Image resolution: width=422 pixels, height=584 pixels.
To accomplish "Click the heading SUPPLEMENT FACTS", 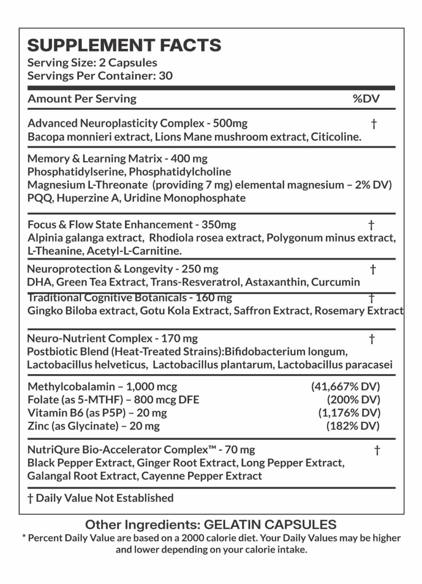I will click(x=124, y=46).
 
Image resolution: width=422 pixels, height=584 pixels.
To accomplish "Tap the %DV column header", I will click(x=366, y=99).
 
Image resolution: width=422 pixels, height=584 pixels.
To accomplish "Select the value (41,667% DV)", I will click(x=345, y=386).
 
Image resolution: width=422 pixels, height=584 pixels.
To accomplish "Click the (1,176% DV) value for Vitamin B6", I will click(x=349, y=413).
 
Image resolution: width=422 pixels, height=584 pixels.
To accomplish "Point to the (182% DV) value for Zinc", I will click(x=353, y=426).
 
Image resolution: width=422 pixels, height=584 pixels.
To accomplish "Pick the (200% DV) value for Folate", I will click(x=354, y=400).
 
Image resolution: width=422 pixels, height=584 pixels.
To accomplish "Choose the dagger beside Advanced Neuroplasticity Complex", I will click(x=374, y=124).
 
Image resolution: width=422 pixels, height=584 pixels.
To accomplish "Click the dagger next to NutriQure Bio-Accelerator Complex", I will click(x=377, y=450).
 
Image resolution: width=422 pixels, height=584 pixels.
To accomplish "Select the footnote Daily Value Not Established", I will click(x=104, y=498).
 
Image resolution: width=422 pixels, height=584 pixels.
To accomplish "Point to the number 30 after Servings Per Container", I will click(x=166, y=76).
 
